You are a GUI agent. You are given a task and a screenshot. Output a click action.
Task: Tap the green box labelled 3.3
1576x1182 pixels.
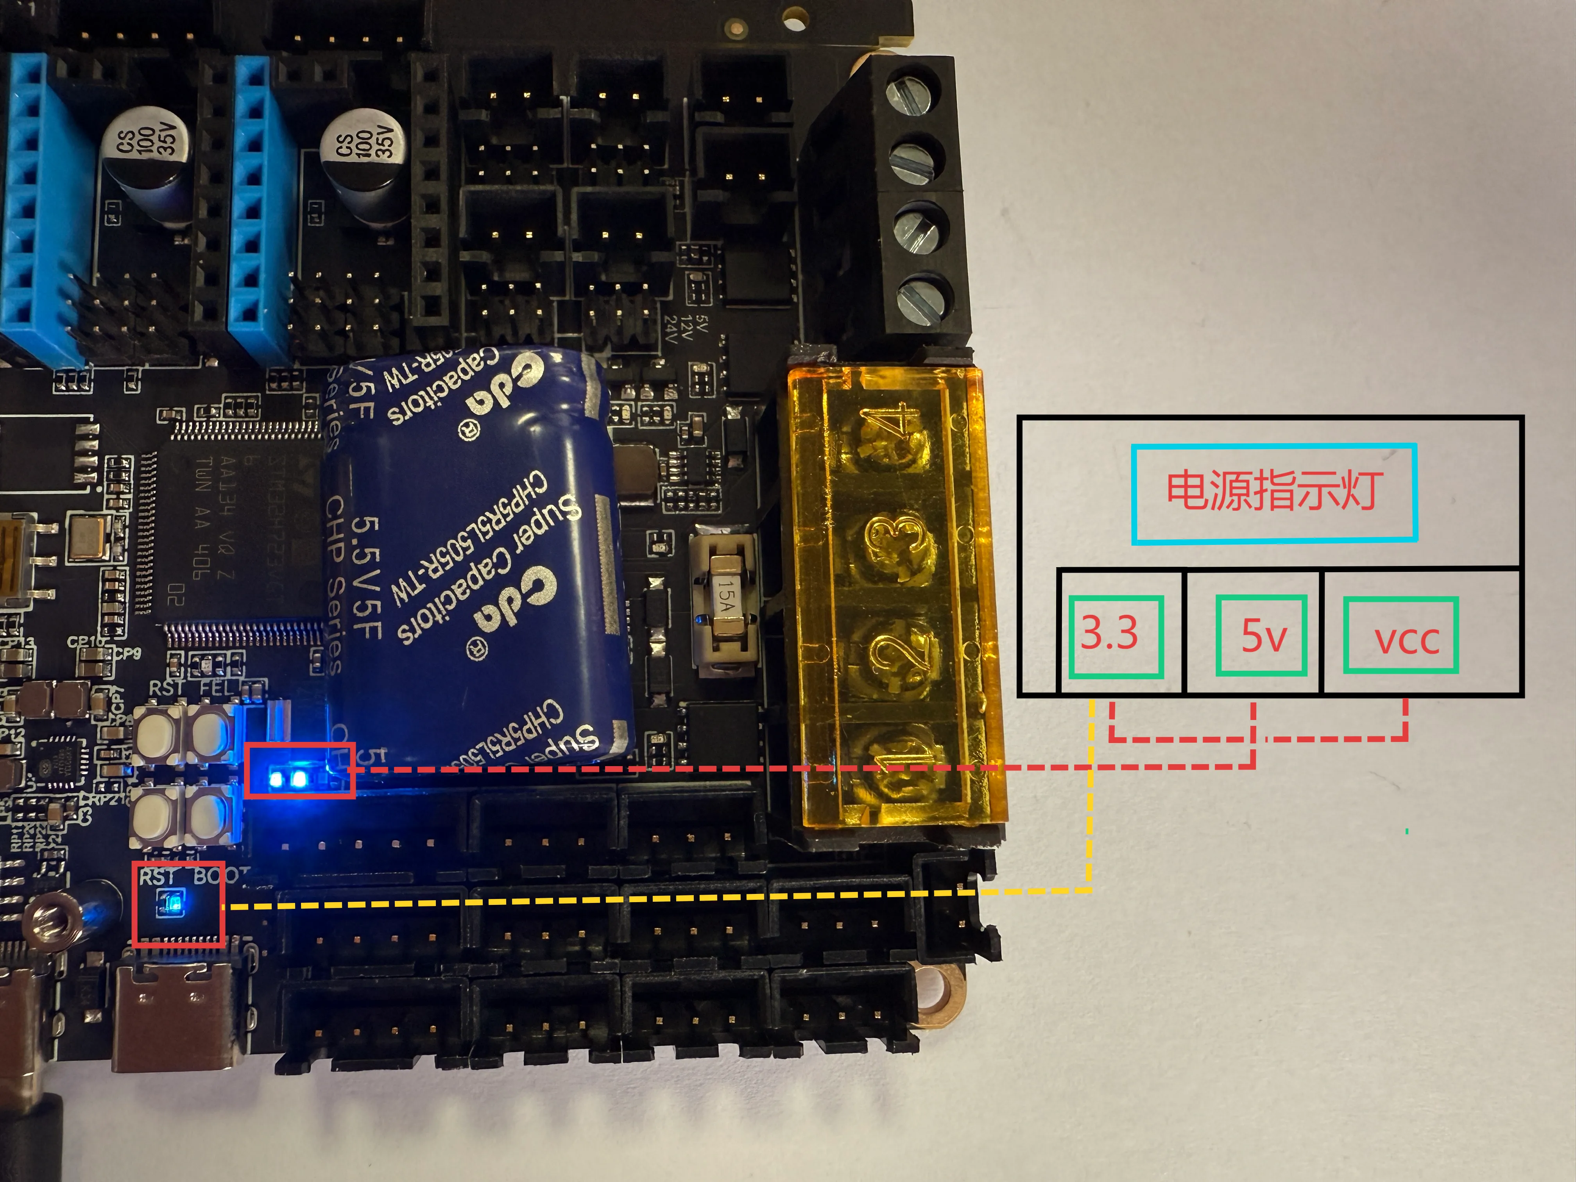click(x=1116, y=636)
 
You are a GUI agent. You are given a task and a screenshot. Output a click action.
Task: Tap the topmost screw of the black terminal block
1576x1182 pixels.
click(x=915, y=91)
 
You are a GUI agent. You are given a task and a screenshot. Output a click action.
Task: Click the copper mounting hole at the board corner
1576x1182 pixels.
click(x=944, y=992)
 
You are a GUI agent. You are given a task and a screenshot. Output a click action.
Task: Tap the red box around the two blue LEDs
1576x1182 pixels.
click(x=300, y=770)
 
